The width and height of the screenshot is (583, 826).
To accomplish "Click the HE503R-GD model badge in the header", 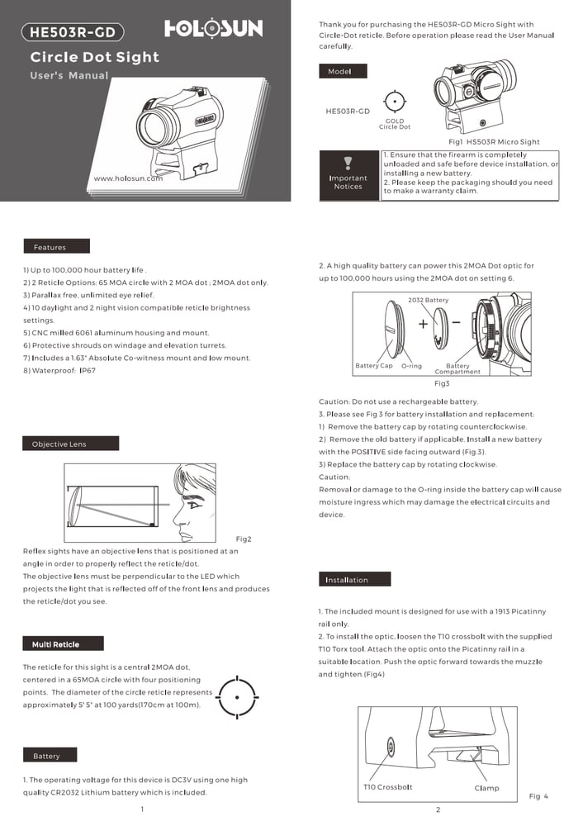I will [x=72, y=33].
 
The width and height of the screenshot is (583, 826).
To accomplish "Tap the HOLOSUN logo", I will [x=214, y=29].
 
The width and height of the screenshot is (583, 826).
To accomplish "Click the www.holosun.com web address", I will [x=128, y=178].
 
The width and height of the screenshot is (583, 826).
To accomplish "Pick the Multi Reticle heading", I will [x=55, y=644].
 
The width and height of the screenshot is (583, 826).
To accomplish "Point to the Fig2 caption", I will [x=243, y=539].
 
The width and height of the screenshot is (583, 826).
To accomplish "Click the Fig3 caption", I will [x=442, y=384].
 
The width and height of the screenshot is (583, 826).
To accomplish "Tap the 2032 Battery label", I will [x=429, y=300].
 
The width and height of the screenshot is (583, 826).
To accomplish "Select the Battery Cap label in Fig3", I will [x=374, y=366].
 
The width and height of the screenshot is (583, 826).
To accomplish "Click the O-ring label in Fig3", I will [x=411, y=366].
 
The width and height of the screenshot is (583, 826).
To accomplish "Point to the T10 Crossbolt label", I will [x=387, y=787].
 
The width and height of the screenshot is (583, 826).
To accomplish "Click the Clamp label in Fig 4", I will [x=486, y=788].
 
